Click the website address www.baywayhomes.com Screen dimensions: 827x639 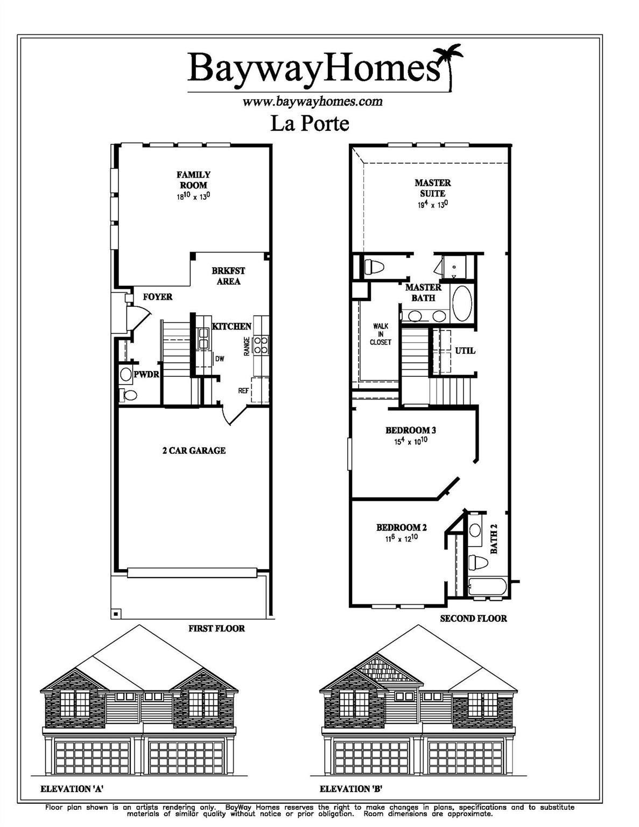312,101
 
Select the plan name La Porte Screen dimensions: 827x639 310,123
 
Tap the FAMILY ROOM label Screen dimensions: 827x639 193,180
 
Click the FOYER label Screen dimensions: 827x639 158,297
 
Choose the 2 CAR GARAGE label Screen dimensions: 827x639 194,450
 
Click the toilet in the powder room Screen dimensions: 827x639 130,395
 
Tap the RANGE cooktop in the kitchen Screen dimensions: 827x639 261,345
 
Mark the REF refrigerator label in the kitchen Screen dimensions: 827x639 243,390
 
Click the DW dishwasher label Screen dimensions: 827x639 219,359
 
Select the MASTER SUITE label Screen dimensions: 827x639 433,188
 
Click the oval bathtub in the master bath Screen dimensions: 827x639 462,303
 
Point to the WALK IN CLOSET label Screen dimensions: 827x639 381,334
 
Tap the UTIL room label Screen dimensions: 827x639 465,351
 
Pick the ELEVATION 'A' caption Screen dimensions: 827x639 72,789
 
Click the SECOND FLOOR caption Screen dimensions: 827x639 473,619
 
